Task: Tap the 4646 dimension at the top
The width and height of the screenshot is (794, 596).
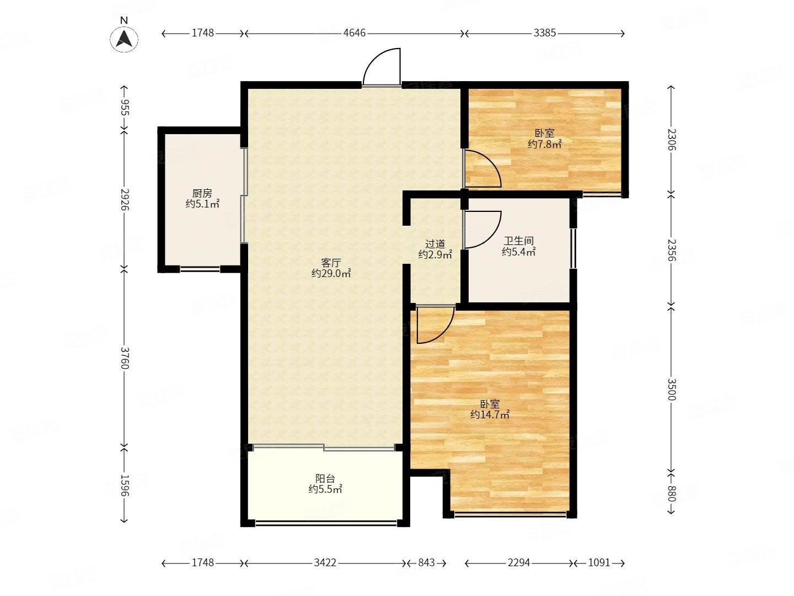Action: [x=355, y=33]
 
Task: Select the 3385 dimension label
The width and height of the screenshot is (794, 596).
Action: [x=544, y=33]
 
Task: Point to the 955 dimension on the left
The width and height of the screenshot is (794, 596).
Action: [x=124, y=108]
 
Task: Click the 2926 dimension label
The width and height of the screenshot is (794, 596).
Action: [x=124, y=199]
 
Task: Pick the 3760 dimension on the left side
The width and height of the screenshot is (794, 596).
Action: [x=124, y=358]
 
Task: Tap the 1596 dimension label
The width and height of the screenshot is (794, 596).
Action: [x=124, y=486]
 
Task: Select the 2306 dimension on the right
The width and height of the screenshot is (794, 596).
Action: [x=672, y=140]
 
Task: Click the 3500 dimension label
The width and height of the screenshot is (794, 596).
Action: [x=672, y=390]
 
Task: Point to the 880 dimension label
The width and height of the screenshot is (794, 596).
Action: [x=672, y=493]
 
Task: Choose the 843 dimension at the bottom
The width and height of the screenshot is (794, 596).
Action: [x=426, y=563]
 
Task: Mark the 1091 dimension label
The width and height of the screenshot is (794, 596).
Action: [x=599, y=563]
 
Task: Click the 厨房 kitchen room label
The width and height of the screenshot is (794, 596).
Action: [x=202, y=194]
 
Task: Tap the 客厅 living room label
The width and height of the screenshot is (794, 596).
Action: [x=331, y=263]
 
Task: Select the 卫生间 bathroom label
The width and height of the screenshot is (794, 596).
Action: [x=519, y=241]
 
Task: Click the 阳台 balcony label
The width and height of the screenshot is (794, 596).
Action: [x=325, y=479]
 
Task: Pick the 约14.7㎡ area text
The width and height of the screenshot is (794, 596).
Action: [x=490, y=414]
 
